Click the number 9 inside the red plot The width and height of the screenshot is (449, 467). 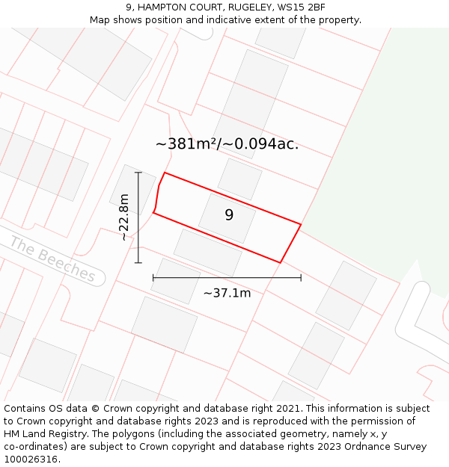[229, 215]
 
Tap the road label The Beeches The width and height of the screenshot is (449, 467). [53, 259]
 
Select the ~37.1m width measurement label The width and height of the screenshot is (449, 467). [227, 293]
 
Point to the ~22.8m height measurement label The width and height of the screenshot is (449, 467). [124, 217]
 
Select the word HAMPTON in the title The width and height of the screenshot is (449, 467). [159, 7]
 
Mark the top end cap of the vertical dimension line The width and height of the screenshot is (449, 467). [138, 173]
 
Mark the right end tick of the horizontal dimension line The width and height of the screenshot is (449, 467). [301, 277]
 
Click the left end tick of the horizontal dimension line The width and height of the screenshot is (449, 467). [153, 277]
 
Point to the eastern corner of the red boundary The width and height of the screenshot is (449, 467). [301, 224]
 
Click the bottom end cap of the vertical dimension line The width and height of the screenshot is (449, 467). [138, 262]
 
